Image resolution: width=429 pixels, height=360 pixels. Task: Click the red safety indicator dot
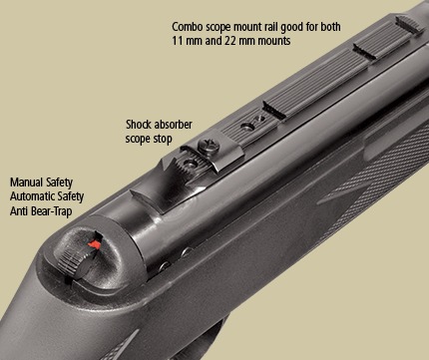click(x=95, y=244)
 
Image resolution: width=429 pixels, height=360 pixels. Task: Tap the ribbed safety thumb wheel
click(x=74, y=259)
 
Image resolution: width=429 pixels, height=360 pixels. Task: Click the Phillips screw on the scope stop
click(x=209, y=146)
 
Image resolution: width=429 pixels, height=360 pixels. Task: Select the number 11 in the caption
click(x=177, y=41)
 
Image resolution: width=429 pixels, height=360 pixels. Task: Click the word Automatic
click(x=32, y=196)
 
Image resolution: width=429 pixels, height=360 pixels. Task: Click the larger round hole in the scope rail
click(x=246, y=127)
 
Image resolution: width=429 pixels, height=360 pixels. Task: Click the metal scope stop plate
click(x=213, y=153)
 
